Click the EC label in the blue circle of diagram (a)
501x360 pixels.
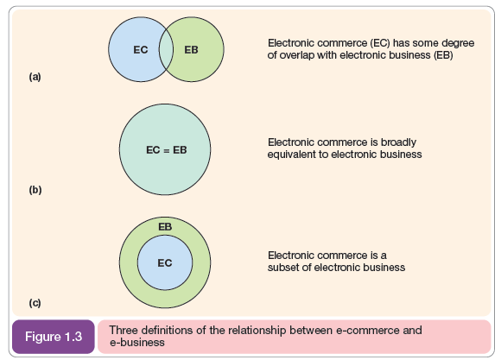click(141, 50)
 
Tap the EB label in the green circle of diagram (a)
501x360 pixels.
click(191, 50)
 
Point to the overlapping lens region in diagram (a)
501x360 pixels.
click(166, 49)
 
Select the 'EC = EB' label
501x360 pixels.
click(166, 150)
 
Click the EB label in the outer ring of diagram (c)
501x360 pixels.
click(165, 227)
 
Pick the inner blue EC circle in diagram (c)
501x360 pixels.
click(165, 262)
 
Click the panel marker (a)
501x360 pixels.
click(35, 77)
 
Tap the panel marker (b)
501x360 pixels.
click(35, 190)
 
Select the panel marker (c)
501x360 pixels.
click(35, 303)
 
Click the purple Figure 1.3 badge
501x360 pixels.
click(54, 337)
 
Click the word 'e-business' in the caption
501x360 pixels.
click(137, 343)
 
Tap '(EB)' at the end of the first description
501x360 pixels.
click(443, 55)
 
